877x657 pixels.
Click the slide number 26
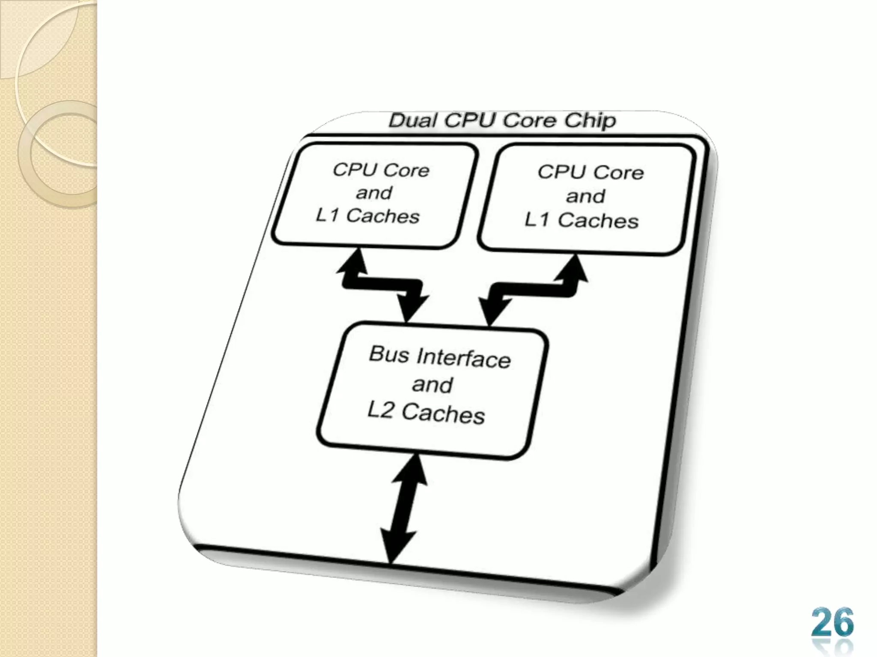pos(832,622)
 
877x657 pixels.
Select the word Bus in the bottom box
pos(389,354)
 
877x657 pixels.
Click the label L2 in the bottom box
pos(380,411)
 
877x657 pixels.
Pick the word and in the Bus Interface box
pos(432,385)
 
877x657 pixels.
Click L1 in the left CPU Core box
pos(328,215)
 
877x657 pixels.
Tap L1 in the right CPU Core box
pos(537,220)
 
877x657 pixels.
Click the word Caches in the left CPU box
pos(382,216)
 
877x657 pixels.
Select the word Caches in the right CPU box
pos(598,221)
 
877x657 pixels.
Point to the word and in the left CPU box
pos(373,193)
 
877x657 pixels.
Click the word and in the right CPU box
pos(585,196)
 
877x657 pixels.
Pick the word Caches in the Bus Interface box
pos(443,414)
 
